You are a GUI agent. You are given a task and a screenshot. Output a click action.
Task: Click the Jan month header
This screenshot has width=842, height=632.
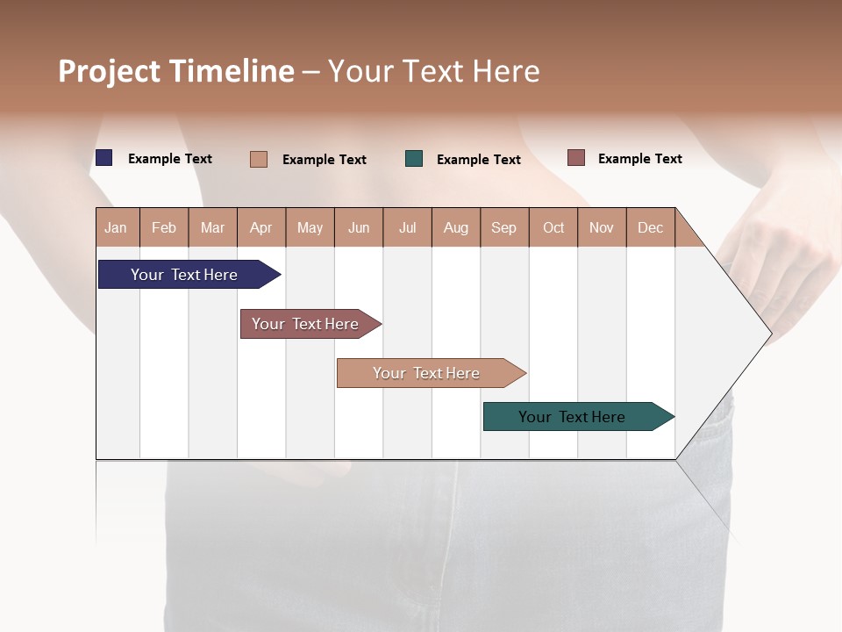116,227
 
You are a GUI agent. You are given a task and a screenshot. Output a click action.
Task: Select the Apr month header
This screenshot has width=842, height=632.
261,227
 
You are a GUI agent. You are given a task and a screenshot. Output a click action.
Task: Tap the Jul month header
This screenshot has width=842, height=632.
407,227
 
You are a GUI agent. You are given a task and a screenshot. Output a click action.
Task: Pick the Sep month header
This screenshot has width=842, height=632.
503,227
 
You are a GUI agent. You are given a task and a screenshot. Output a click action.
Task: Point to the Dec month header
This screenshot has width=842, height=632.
650,227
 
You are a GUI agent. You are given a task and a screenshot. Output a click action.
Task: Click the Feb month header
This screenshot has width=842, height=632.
164,227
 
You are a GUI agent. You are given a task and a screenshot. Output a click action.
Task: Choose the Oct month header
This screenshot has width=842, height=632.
553,227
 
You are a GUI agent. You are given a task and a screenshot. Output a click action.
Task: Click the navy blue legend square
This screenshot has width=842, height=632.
104,158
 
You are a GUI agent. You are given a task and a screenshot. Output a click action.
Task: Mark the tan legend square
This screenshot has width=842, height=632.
259,159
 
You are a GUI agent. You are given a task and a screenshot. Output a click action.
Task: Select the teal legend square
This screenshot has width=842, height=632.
414,159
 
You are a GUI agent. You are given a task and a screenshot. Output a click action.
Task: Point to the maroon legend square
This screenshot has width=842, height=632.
575,158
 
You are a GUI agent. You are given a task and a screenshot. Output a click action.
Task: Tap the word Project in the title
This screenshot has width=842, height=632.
110,71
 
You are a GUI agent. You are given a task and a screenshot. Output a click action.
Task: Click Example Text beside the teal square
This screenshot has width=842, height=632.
479,160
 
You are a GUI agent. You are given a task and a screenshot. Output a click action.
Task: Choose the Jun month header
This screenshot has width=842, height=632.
359,227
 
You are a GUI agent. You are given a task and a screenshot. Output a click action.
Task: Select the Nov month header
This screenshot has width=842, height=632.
602,227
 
